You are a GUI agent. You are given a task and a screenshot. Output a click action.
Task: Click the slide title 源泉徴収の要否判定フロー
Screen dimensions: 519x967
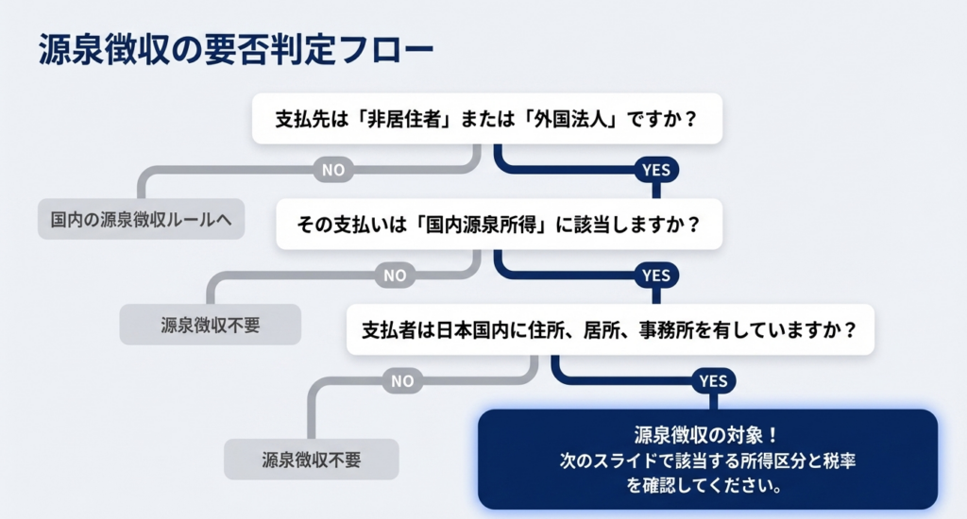coord(236,51)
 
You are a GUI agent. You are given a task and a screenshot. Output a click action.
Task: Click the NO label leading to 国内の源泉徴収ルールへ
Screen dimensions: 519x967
coord(333,170)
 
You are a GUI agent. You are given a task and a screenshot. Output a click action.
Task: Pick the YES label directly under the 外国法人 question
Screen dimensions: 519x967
coord(655,170)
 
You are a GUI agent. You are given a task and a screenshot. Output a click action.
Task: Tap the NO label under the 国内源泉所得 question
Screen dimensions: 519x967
coord(395,276)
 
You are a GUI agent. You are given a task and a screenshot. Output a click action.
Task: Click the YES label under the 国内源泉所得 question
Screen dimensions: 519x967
coord(655,276)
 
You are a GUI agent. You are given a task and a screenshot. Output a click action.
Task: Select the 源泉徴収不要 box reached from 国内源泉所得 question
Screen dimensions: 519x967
coord(210,326)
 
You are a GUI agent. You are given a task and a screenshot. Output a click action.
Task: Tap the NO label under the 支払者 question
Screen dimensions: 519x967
coord(402,381)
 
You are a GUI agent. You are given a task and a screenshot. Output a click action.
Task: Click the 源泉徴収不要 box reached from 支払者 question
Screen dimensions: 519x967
coord(311,460)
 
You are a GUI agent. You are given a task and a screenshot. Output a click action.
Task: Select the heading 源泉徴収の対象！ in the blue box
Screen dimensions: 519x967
coord(706,436)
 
